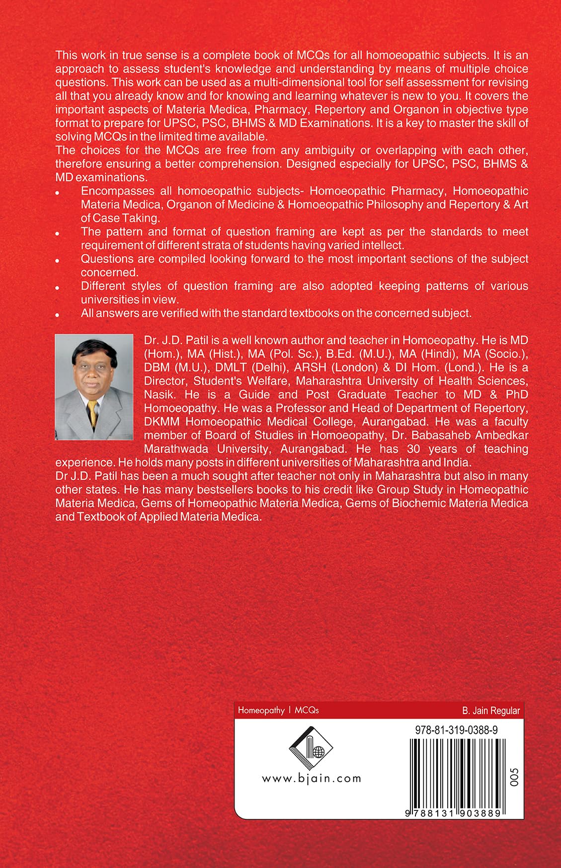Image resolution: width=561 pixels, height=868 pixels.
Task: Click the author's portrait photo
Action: point(94,387)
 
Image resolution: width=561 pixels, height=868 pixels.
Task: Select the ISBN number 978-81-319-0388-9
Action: point(456,730)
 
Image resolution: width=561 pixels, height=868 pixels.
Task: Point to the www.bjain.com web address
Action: point(312,779)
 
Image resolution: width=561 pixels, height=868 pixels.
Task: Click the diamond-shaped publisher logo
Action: point(311,748)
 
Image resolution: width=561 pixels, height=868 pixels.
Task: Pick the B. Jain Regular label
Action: point(491,711)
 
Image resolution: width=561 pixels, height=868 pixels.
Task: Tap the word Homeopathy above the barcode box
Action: point(261,711)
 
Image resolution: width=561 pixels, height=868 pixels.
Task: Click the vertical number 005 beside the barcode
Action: point(514,777)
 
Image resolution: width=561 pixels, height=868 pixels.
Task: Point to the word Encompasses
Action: point(117,191)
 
